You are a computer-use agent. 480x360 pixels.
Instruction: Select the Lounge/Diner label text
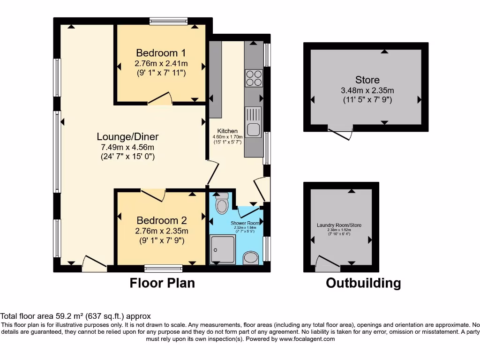click(127, 137)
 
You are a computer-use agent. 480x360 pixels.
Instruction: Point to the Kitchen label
click(227, 131)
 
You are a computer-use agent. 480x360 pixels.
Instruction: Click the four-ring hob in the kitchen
click(254, 78)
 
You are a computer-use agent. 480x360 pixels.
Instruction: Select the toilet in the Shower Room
click(221, 204)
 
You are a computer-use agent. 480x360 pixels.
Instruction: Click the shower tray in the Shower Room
click(222, 248)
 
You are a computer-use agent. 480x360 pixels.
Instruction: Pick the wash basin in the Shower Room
click(252, 257)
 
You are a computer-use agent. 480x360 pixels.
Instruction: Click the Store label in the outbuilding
click(367, 80)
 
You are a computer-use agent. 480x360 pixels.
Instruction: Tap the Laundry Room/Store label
click(339, 225)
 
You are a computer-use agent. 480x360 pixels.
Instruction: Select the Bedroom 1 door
click(160, 98)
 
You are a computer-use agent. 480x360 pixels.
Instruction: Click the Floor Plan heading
click(162, 283)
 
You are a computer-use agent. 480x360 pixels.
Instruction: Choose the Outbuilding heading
click(363, 283)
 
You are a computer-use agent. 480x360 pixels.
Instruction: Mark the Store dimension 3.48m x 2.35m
click(367, 90)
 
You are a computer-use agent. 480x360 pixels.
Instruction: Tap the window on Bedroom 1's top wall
click(169, 21)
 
